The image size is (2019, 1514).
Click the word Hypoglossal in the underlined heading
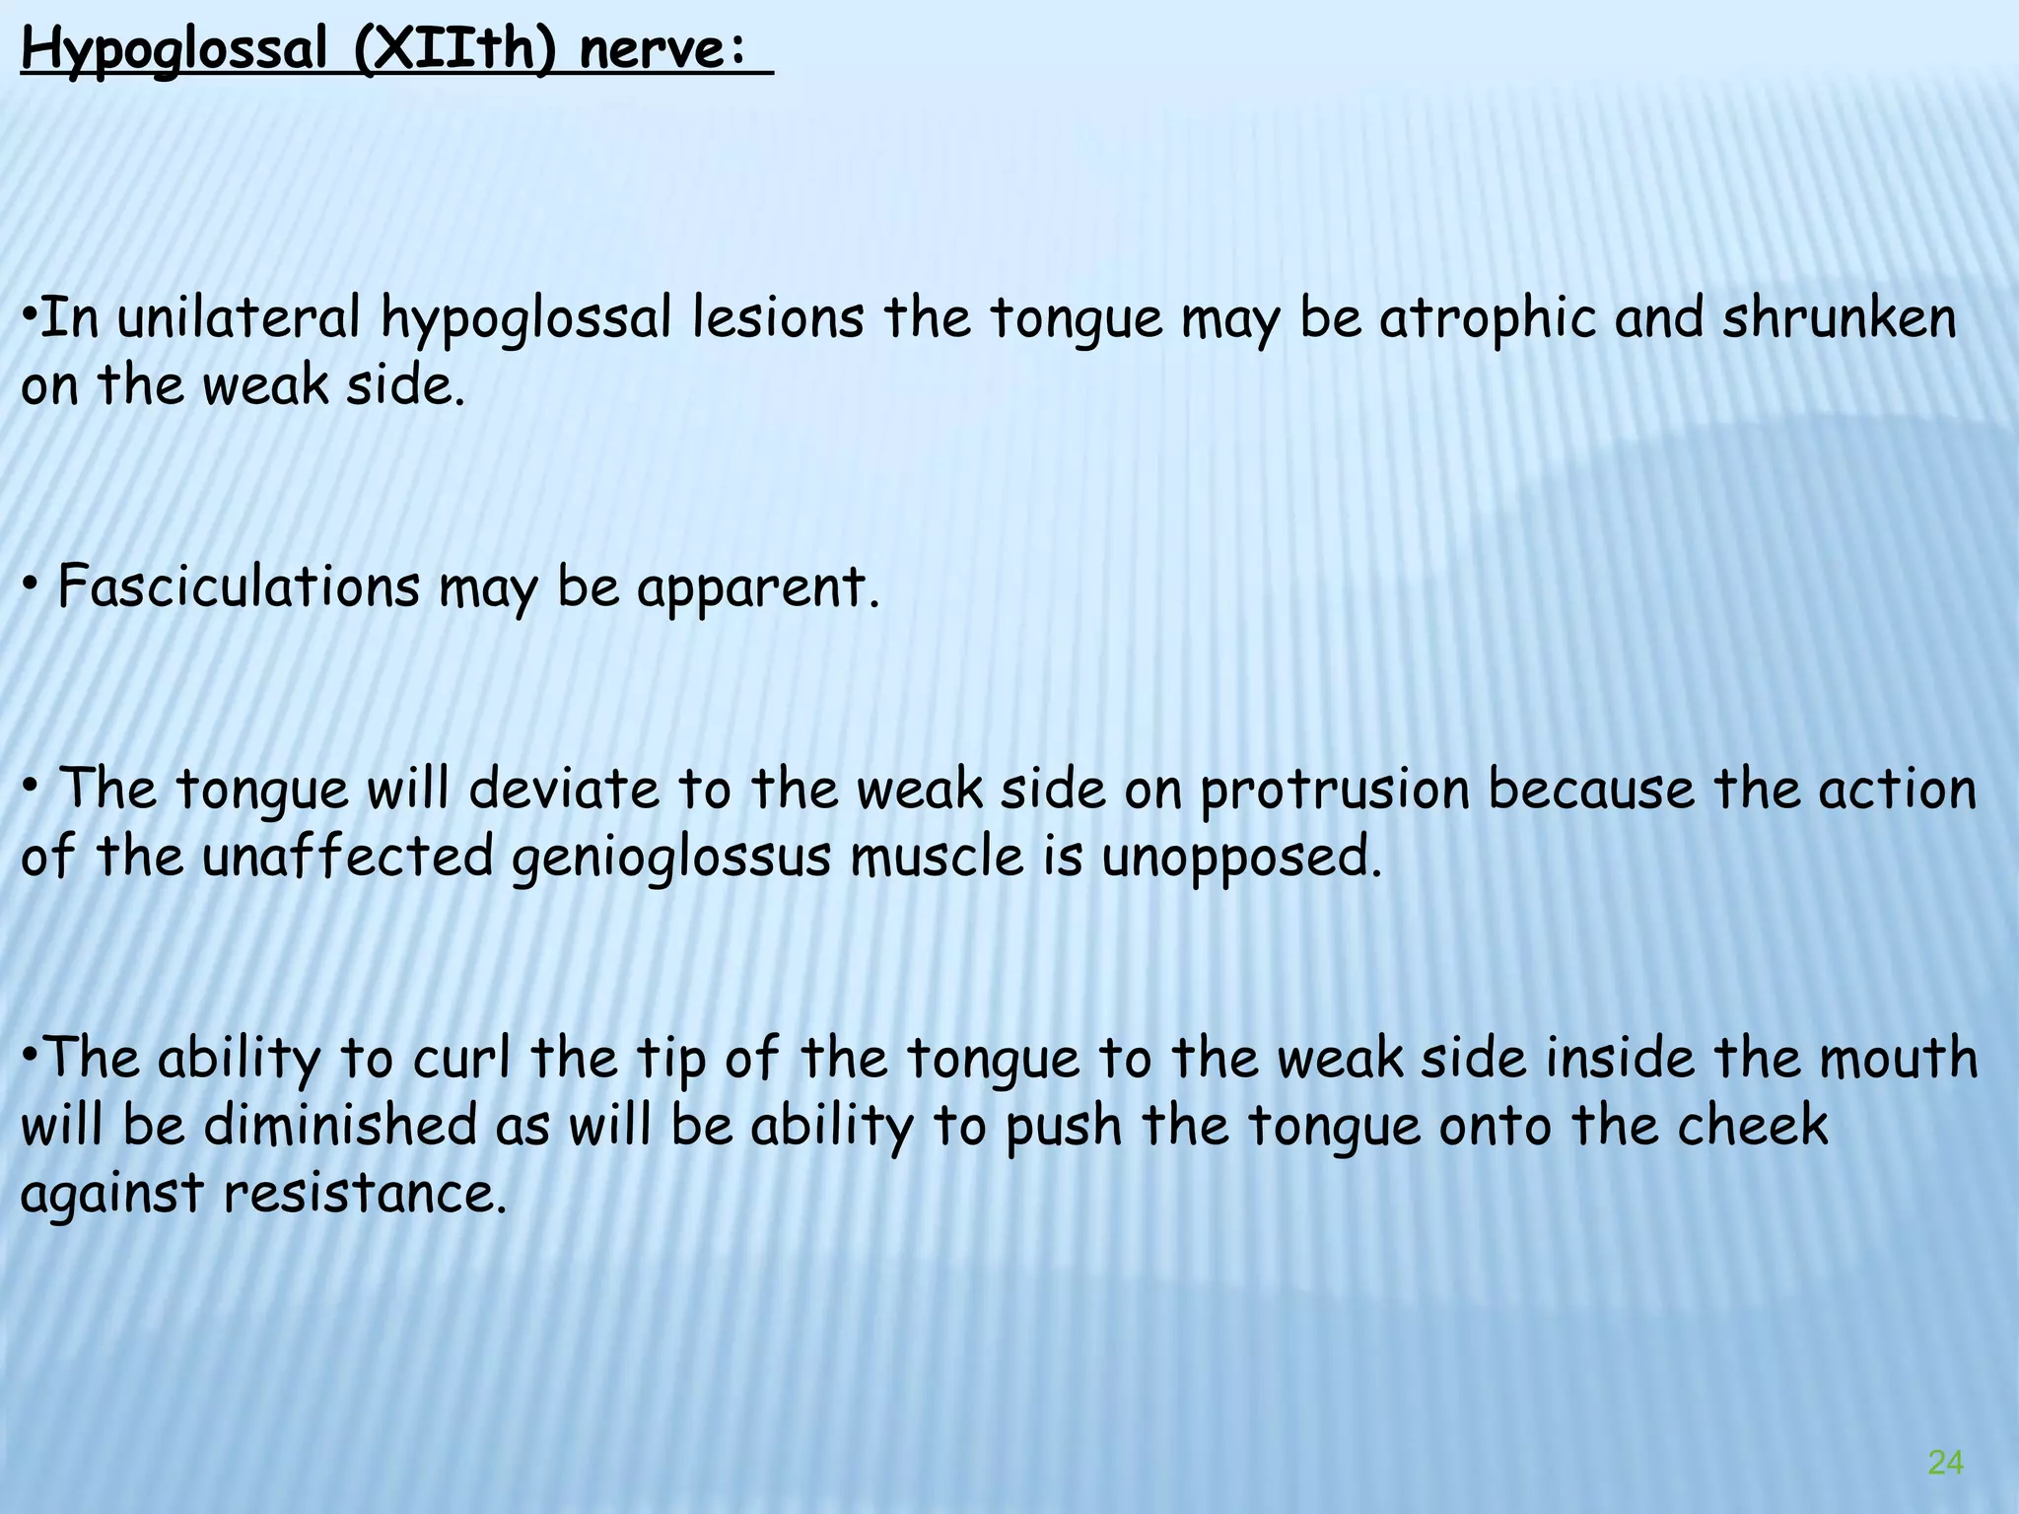174,50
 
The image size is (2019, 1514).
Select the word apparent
756,589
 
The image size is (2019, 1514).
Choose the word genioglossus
671,857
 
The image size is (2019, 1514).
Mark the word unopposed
1241,857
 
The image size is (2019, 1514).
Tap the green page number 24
1945,1463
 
